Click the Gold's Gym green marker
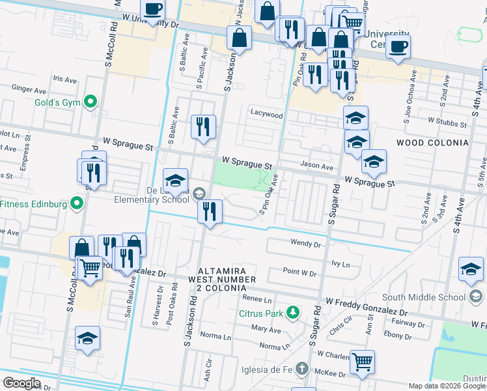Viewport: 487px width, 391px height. [90, 102]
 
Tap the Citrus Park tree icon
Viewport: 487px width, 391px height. [293, 313]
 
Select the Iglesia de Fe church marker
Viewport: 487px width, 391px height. [301, 369]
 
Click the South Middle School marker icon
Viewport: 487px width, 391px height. [476, 297]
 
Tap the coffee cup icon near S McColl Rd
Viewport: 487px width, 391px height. [153, 10]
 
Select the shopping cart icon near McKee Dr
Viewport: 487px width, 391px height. [362, 362]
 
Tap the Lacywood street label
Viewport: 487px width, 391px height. [267, 115]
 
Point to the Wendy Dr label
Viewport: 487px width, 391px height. [305, 244]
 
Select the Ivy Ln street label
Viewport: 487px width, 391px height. [341, 265]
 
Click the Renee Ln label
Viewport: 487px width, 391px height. [257, 300]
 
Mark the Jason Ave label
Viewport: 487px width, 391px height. [316, 166]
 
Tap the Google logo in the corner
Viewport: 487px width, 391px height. [21, 383]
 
